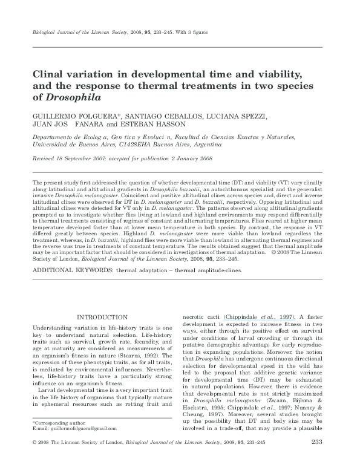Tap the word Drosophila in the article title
pyautogui.click(x=71, y=97)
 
